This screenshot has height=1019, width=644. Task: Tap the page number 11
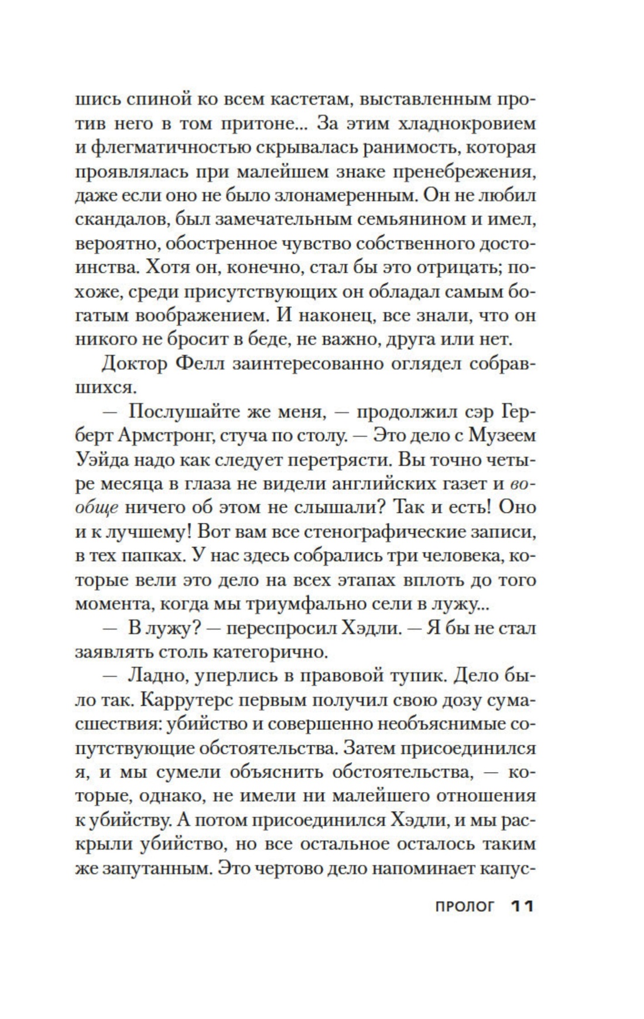(x=522, y=907)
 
